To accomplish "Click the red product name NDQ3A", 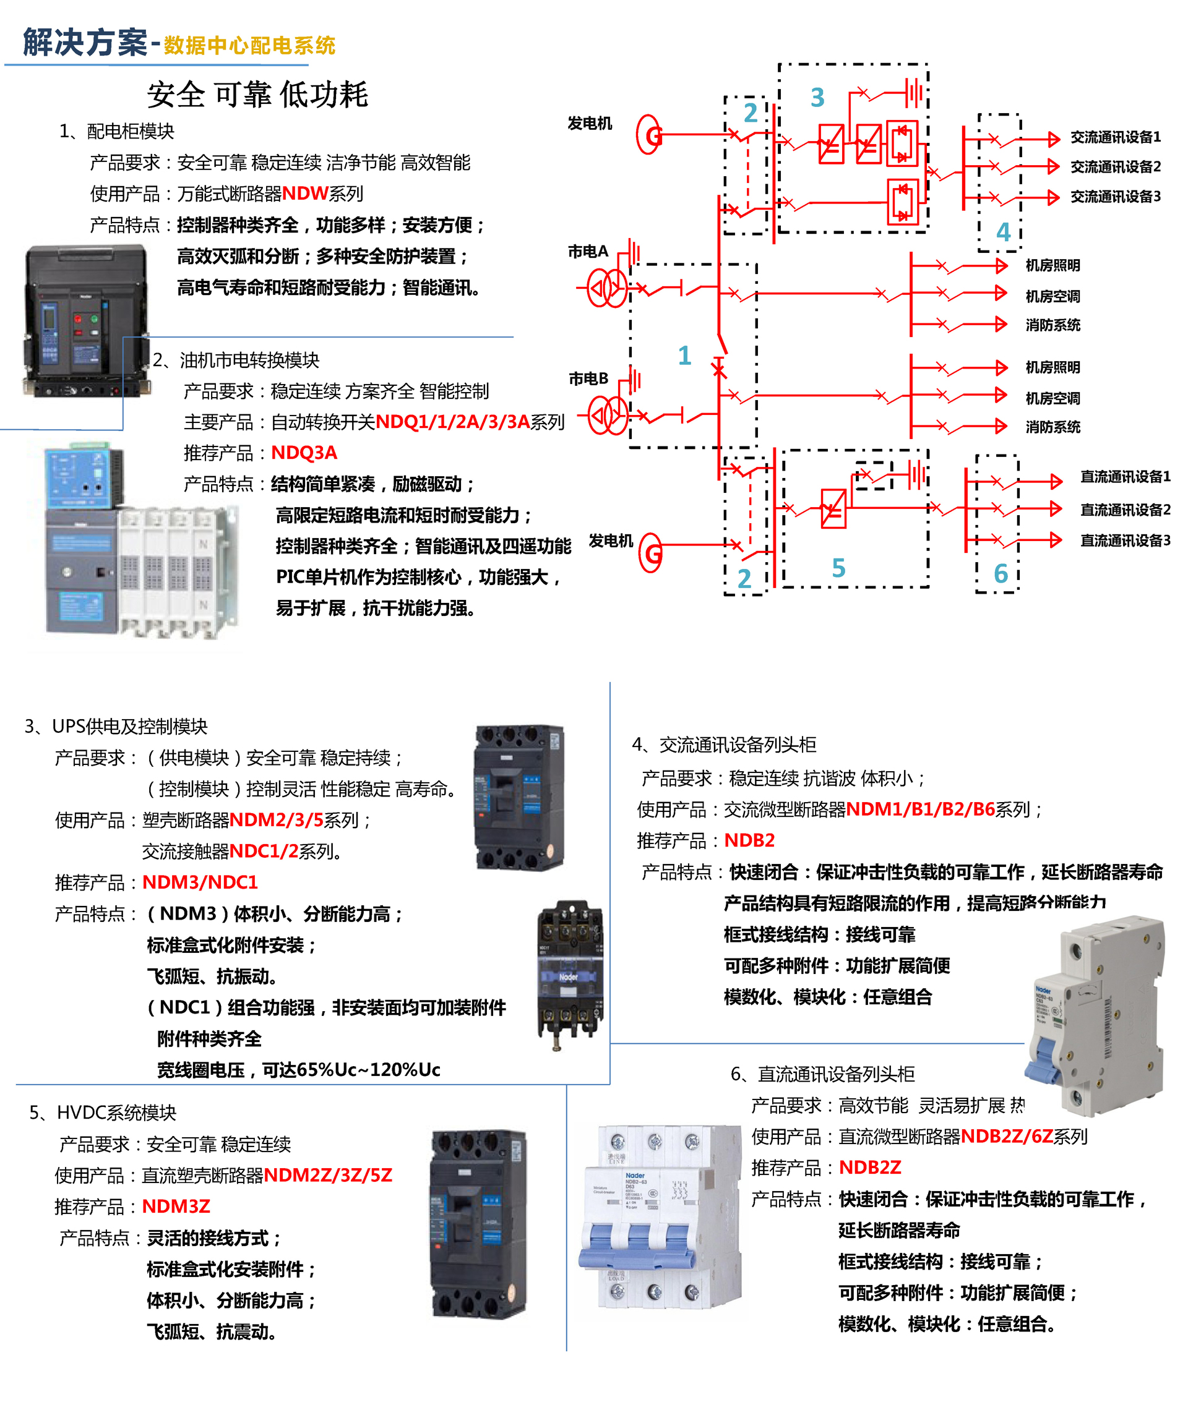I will pos(304,453).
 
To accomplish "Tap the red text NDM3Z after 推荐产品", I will pos(176,1206).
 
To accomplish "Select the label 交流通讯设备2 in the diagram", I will pos(1115,166).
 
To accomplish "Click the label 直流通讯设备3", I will pos(1125,540).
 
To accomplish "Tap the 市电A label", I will pos(587,252).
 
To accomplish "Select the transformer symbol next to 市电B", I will pos(607,416).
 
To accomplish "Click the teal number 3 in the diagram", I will pos(817,98).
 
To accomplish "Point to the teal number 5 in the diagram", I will pos(838,568).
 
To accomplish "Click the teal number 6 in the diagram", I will pos(1001,574).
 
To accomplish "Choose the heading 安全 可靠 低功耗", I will pos(257,94).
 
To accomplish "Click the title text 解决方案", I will pos(85,43).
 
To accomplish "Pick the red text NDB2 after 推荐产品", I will pos(749,840).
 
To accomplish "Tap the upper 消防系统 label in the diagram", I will pos(1052,325).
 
